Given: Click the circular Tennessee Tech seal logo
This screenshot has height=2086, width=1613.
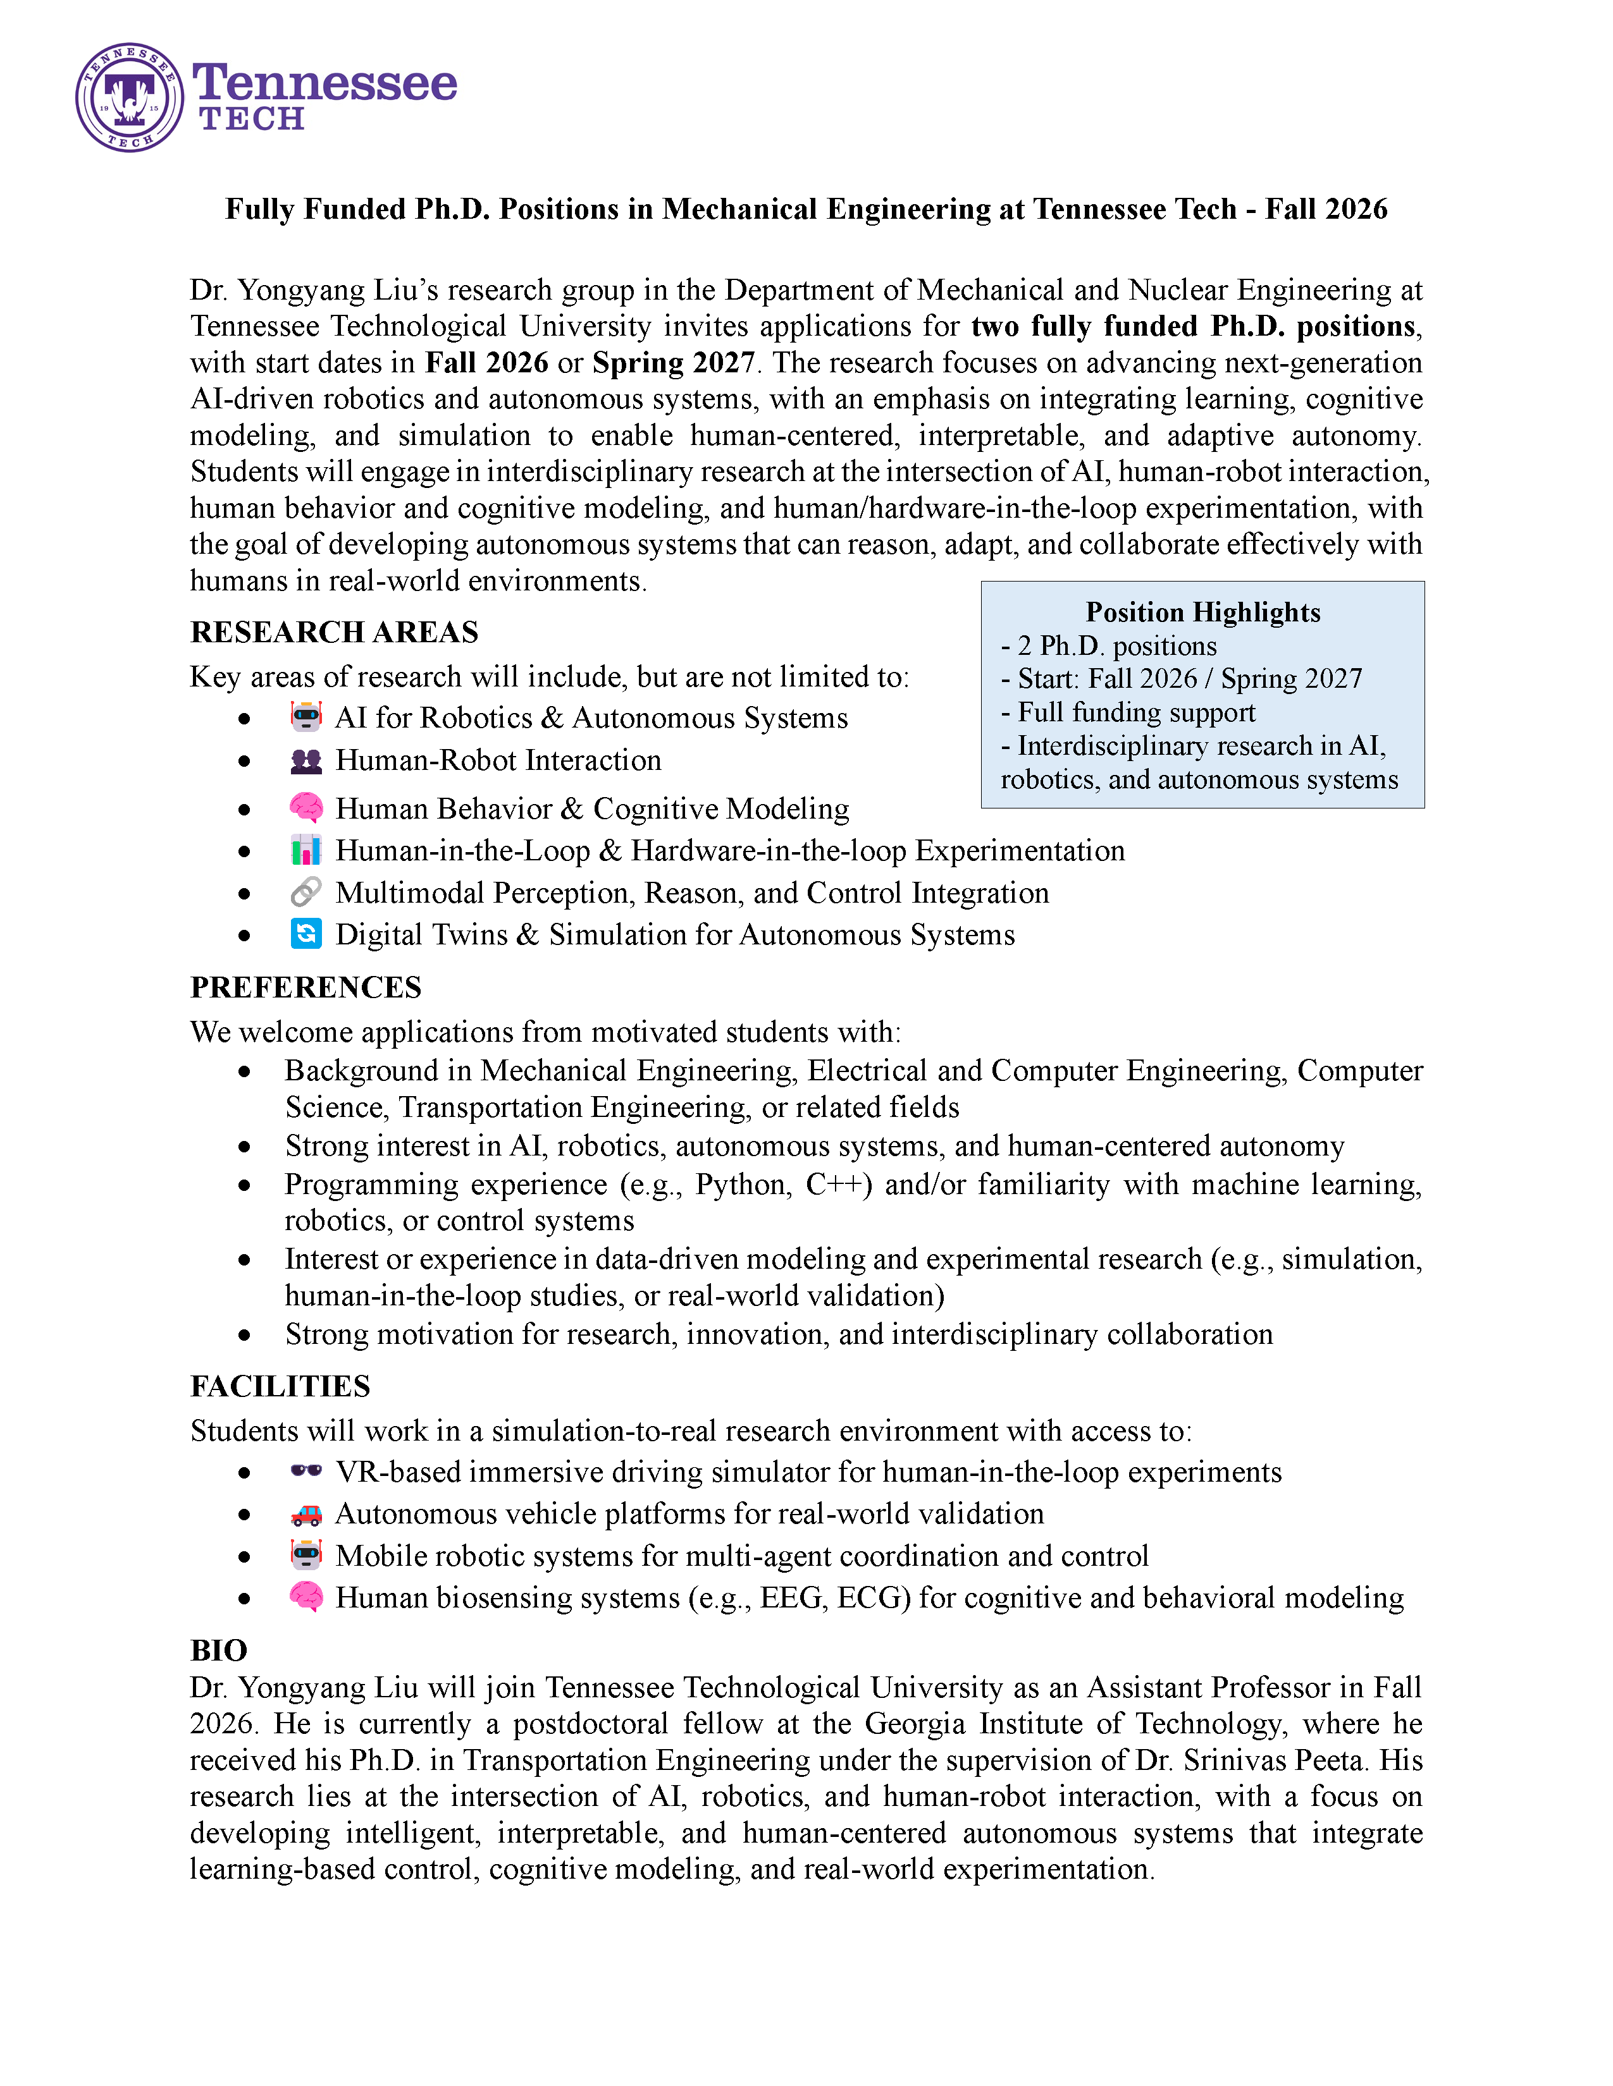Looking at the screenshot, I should coord(129,97).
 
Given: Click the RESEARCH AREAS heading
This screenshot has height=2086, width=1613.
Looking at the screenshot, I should coord(333,632).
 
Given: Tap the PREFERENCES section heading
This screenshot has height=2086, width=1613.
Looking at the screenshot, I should coord(305,987).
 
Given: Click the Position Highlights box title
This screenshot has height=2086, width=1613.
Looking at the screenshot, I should coord(1202,613).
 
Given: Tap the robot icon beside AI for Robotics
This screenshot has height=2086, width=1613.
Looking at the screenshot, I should coord(306,716).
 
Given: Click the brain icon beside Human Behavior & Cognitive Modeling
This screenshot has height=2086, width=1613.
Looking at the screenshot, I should coord(306,808).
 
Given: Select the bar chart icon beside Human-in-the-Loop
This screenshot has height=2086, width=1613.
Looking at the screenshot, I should coord(306,850).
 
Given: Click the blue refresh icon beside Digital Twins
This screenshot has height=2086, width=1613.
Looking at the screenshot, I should coord(306,934).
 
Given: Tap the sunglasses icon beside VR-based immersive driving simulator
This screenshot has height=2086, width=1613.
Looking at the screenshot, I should coord(306,1471).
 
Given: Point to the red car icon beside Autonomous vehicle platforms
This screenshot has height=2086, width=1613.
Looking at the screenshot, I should coord(306,1515).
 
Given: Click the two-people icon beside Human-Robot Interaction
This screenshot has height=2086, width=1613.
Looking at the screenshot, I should coord(306,761).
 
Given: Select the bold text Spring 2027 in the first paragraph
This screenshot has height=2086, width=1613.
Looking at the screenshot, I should coord(673,363).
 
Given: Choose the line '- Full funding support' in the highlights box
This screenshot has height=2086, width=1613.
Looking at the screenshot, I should coord(1128,712).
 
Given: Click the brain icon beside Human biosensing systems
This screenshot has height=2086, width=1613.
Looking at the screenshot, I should coord(306,1597).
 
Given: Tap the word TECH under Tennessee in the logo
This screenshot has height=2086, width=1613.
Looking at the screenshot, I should coord(251,119).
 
